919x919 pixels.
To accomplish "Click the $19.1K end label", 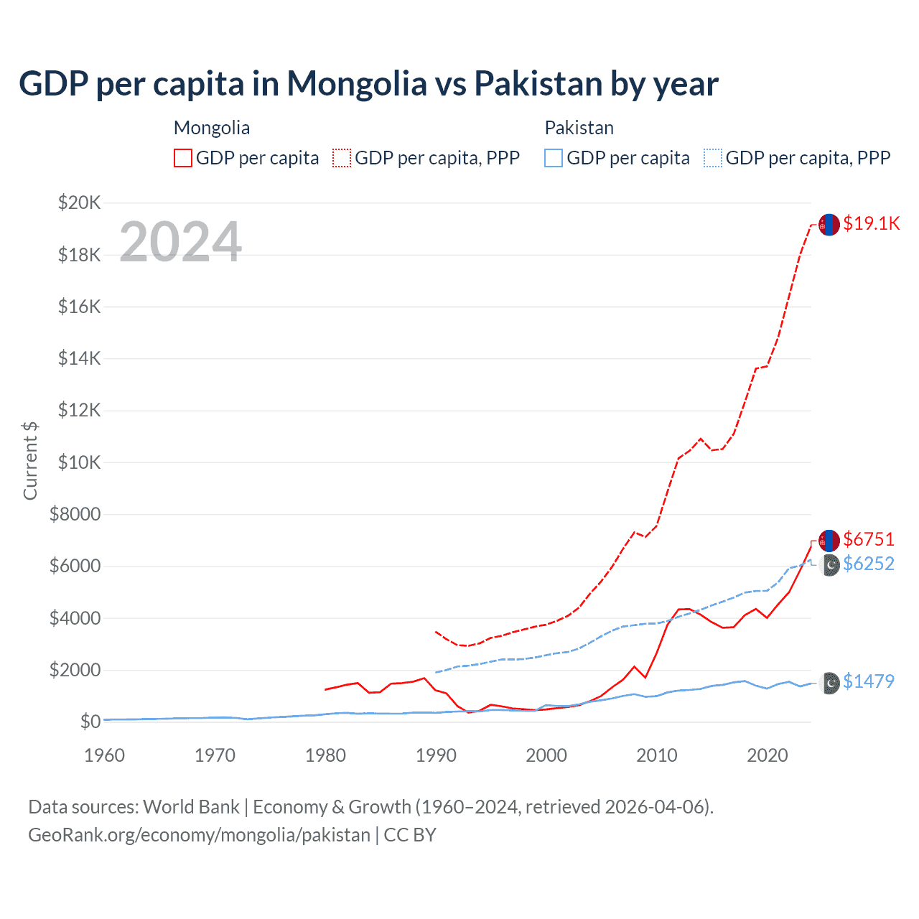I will [871, 223].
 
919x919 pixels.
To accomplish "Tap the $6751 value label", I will [869, 539].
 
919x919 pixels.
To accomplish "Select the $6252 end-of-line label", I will [869, 564].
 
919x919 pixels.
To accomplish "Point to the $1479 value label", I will [869, 681].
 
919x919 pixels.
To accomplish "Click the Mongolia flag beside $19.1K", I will [829, 225].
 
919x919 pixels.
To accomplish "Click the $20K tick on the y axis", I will [79, 202].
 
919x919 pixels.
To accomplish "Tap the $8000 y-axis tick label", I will [75, 514].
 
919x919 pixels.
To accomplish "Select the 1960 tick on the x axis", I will [104, 755].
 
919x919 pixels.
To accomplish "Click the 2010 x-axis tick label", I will [657, 755].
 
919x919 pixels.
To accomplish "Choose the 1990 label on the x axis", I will [436, 755].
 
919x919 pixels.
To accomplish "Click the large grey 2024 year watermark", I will [180, 242].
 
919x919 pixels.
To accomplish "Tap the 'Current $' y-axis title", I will [30, 461].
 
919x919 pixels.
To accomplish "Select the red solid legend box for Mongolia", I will [183, 158].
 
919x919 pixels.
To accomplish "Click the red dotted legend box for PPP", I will [342, 158].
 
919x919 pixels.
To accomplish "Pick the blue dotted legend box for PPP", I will [713, 158].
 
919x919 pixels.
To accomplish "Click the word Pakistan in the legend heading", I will [579, 128].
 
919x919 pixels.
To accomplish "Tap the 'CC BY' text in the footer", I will [410, 835].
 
